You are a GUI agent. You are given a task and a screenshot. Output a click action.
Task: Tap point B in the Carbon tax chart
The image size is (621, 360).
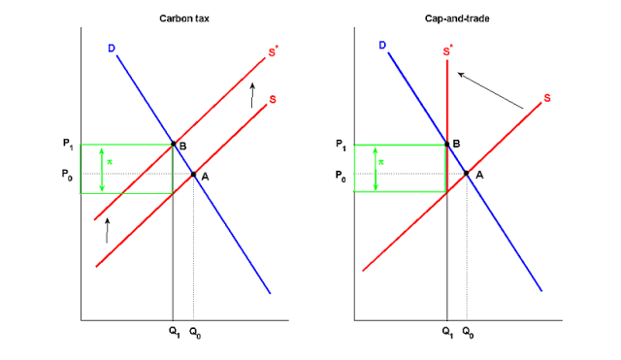(x=173, y=145)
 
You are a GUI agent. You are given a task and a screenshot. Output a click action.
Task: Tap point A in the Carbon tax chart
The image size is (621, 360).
(x=193, y=175)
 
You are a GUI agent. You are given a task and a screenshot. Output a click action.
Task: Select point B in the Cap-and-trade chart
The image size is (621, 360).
(x=446, y=145)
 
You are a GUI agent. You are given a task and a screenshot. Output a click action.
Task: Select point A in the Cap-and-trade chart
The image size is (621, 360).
(x=467, y=175)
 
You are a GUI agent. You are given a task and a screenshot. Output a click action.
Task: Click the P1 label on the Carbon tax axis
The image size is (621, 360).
(x=66, y=145)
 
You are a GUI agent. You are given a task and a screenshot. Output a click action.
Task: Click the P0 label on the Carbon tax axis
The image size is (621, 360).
(x=66, y=175)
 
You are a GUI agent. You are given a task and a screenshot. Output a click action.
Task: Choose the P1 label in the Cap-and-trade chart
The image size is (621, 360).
(x=340, y=145)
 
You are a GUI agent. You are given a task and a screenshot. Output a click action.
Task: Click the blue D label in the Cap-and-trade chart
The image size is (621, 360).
(x=382, y=45)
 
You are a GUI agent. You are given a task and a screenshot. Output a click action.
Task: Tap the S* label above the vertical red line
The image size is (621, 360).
(x=447, y=49)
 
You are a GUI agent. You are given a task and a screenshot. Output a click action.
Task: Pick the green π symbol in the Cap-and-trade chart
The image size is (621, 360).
(x=380, y=162)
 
